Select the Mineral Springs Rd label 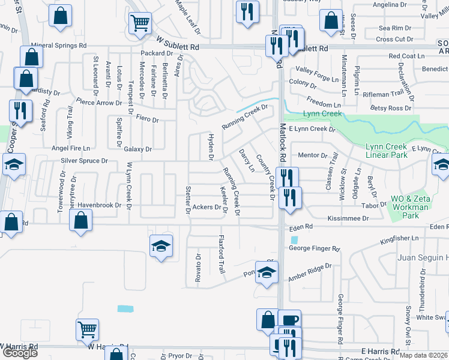click(x=59, y=45)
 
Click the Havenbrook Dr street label click(x=99, y=205)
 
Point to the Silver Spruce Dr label click(x=84, y=161)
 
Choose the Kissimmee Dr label click(x=348, y=218)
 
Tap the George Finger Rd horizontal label click(x=314, y=248)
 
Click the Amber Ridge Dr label click(x=310, y=271)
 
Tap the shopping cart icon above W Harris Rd click(x=87, y=329)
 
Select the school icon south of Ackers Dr click(x=161, y=246)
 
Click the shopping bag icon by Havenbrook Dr click(x=80, y=220)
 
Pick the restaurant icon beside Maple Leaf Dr click(x=247, y=11)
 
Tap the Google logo click(x=20, y=353)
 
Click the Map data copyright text click(x=424, y=355)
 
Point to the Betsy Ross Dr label click(x=391, y=108)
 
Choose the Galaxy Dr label click(x=138, y=149)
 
